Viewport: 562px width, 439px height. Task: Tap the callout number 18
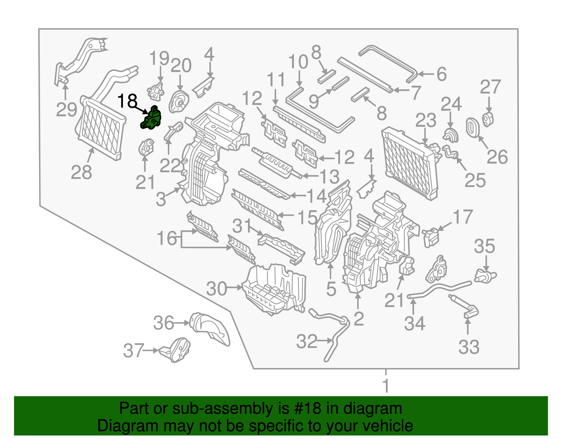click(x=127, y=101)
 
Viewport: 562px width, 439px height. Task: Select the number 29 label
click(x=66, y=110)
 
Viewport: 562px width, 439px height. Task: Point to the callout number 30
click(x=217, y=289)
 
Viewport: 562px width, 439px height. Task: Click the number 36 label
click(x=164, y=323)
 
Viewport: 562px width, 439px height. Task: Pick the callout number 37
click(x=133, y=351)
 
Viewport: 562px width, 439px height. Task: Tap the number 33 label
click(x=469, y=347)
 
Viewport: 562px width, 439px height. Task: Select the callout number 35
click(x=484, y=246)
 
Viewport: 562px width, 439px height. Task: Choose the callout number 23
click(x=426, y=121)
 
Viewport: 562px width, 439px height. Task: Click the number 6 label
click(x=442, y=74)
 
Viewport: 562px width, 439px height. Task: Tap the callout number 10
click(x=298, y=62)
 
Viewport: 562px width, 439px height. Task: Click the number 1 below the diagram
click(x=386, y=386)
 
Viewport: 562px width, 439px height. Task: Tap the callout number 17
click(x=463, y=217)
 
